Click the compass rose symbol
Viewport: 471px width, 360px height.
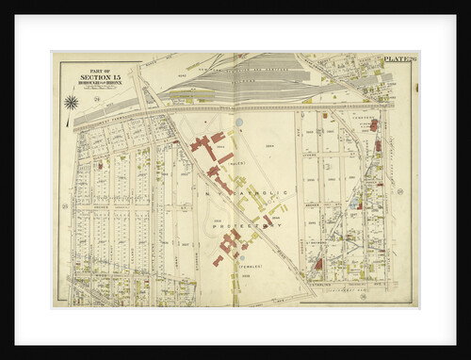pos(71,101)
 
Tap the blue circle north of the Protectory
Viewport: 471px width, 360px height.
pos(239,123)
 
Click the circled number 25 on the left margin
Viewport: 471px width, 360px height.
pos(63,205)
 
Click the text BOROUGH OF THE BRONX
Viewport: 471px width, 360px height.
pos(93,83)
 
